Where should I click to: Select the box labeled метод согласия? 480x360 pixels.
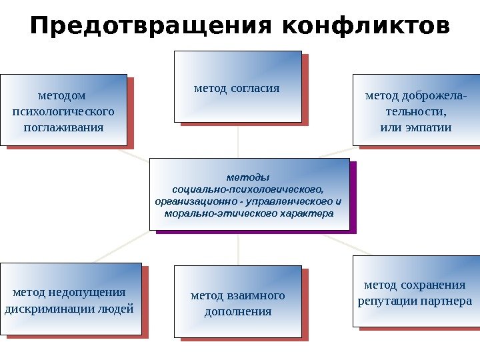(237, 87)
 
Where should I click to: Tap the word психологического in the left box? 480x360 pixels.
(63, 111)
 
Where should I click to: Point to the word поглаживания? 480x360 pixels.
(63, 127)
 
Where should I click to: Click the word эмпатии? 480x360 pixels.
(429, 127)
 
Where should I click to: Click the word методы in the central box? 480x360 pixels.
(249, 177)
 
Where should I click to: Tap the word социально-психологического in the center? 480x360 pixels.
(248, 189)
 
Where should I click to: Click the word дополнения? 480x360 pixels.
(238, 311)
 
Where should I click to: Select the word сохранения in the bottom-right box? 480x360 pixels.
(433, 285)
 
